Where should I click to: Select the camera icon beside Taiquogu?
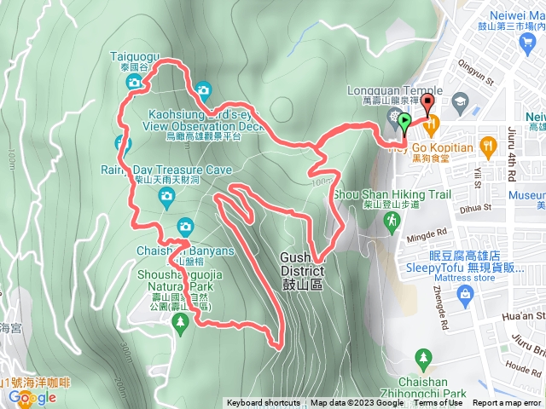134,82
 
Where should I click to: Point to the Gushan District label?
303,264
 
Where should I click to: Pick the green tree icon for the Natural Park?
179,321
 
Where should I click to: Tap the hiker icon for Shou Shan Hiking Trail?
392,221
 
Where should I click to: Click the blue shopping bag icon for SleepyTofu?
465,294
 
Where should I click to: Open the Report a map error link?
508,403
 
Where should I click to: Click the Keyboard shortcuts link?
263,403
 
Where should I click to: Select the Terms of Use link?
438,403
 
